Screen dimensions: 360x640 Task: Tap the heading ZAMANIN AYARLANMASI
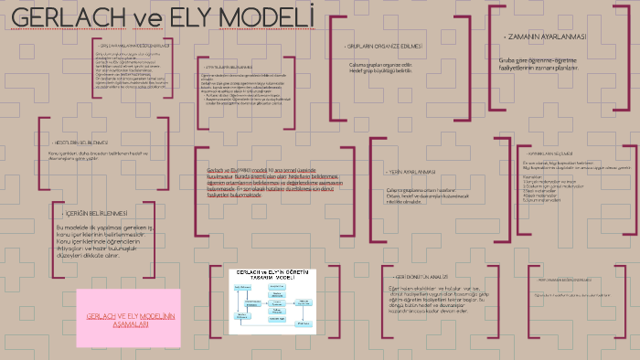(x=546, y=37)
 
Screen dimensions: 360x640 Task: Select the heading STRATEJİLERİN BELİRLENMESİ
(x=228, y=67)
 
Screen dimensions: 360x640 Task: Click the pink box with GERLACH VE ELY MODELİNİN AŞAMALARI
(x=129, y=319)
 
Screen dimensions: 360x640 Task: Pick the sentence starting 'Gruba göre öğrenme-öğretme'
(x=539, y=63)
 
